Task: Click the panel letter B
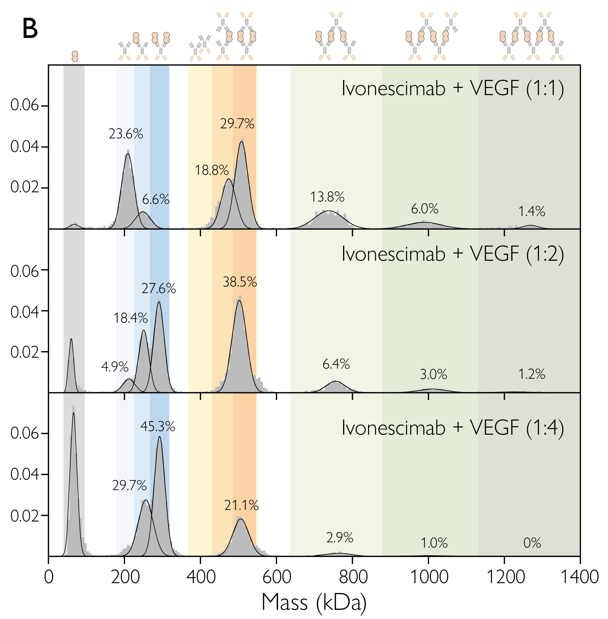30,29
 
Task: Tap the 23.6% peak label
125,134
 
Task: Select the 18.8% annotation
212,170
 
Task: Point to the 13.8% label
327,197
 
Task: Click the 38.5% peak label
240,282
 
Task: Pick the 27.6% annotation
159,289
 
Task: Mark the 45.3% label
158,427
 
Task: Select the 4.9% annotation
115,367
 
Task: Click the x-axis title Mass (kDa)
314,602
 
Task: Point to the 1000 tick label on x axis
429,577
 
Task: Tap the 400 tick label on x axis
200,577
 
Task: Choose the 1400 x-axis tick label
580,577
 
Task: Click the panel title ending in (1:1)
453,88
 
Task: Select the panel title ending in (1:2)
453,254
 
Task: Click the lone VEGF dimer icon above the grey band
75,56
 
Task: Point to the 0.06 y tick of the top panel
25,105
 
